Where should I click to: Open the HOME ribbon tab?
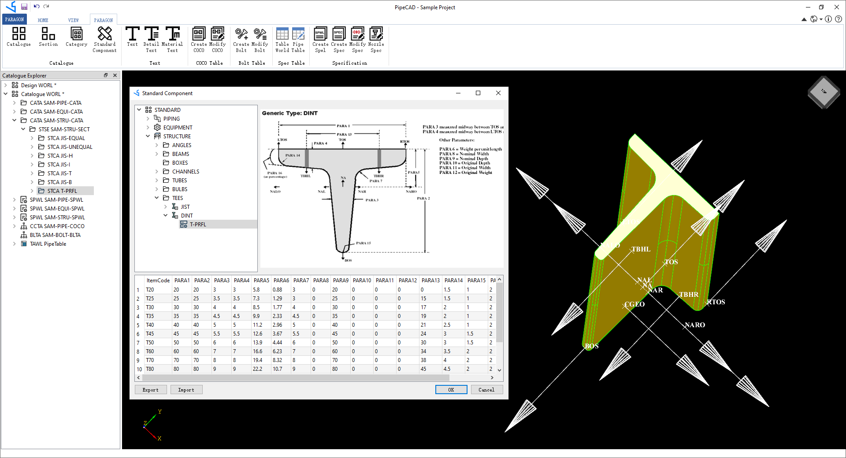(43, 20)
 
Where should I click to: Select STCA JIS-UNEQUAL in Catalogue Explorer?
(70, 147)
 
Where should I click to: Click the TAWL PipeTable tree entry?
(48, 244)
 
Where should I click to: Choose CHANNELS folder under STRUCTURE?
(186, 171)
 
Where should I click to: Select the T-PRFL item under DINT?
(198, 224)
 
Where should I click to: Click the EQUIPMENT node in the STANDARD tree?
(178, 127)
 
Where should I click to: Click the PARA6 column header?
(281, 280)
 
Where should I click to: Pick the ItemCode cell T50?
(150, 342)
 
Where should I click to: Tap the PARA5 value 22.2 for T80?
(257, 369)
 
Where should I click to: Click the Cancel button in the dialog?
(486, 390)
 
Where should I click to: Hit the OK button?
(451, 390)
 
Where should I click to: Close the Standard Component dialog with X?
(498, 93)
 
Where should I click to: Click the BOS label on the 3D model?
(592, 346)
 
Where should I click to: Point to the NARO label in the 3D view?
(695, 325)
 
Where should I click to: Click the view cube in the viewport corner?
(823, 92)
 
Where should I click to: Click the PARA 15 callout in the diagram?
(364, 243)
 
